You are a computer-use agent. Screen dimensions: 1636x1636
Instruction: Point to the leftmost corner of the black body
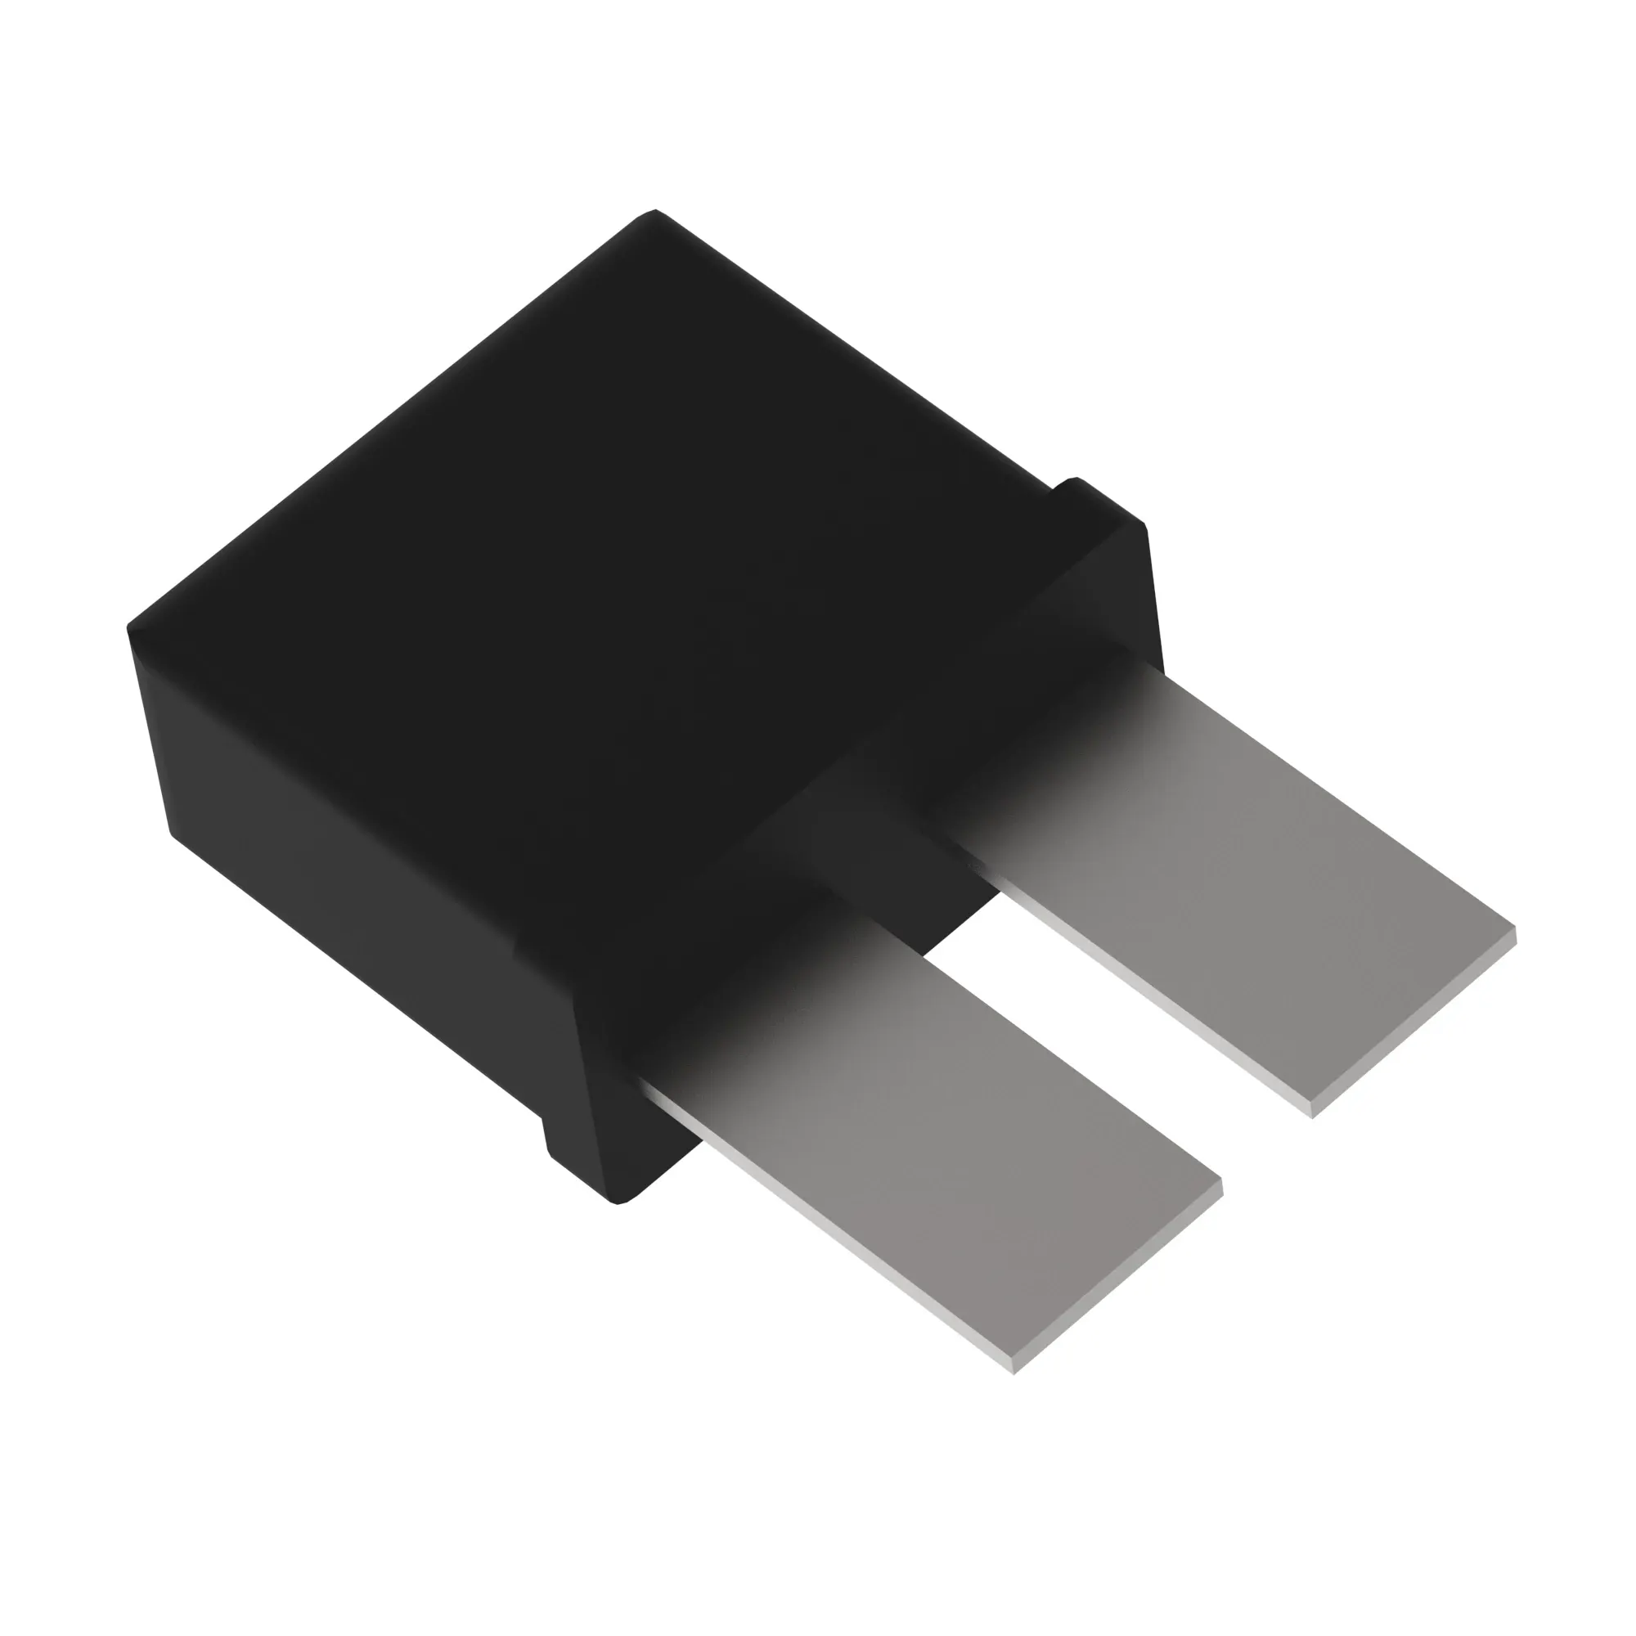point(128,628)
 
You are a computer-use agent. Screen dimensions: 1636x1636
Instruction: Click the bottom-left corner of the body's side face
point(174,834)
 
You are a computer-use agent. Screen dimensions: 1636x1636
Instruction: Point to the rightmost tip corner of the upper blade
point(1515,932)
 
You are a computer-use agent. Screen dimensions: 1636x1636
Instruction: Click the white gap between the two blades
point(1101,1058)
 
